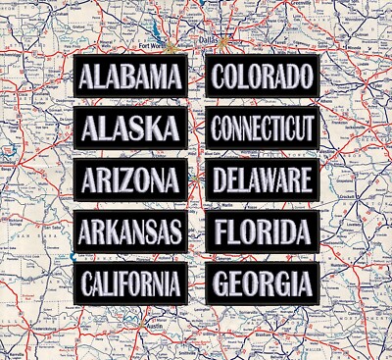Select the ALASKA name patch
(x=130, y=129)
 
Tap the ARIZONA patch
(x=130, y=180)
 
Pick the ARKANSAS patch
(x=130, y=232)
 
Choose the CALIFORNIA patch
(x=130, y=284)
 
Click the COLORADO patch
(x=264, y=76)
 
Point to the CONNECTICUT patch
(x=264, y=128)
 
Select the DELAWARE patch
(x=264, y=180)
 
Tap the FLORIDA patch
(x=264, y=231)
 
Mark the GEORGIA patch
(x=264, y=283)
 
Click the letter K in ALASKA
(x=159, y=129)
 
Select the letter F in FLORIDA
(x=221, y=231)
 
